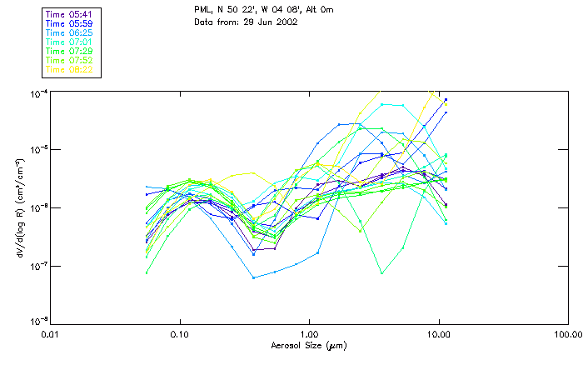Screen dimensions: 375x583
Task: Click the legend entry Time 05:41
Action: click(67, 14)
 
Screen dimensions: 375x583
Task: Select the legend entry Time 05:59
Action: click(67, 23)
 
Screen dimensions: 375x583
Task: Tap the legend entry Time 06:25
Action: click(67, 32)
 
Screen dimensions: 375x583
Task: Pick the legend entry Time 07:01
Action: click(67, 42)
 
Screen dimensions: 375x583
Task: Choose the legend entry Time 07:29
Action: click(67, 51)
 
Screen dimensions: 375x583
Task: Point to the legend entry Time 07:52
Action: click(67, 60)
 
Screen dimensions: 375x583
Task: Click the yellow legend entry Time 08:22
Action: click(67, 69)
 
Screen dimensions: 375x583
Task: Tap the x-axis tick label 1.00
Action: click(309, 333)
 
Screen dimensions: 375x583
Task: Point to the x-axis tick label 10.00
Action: click(438, 333)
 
